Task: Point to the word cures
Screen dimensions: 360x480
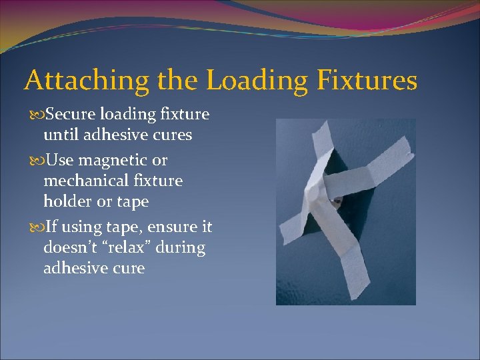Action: (x=172, y=135)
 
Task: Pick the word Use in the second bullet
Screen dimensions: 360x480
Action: (x=58, y=161)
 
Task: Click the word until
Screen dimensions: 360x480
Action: (x=60, y=135)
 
